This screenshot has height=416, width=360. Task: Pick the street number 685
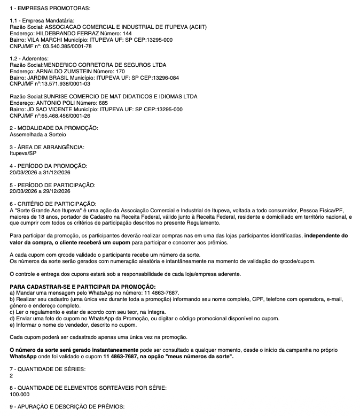point(103,103)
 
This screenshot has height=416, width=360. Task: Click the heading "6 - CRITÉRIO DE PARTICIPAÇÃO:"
point(53,204)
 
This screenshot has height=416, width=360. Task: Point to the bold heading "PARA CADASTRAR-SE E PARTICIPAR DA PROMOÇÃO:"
point(83,287)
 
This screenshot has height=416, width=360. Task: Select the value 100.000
point(20,394)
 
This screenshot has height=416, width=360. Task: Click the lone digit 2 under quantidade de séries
point(12,375)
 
